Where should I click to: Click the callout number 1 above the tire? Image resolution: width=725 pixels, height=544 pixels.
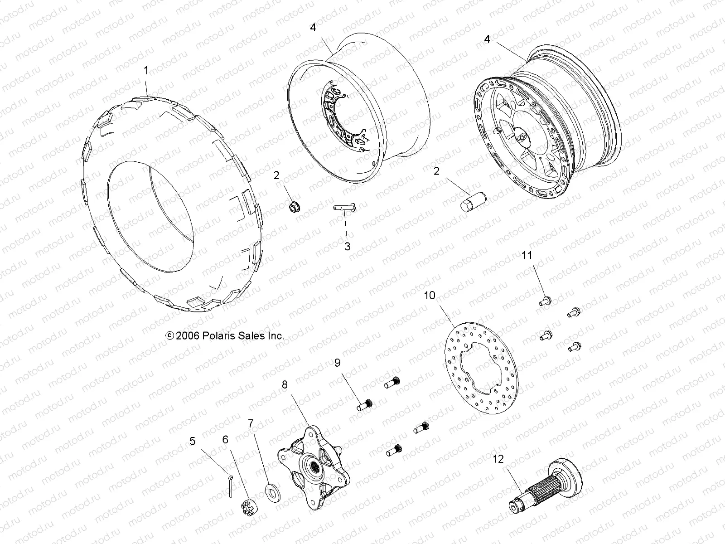click(146, 70)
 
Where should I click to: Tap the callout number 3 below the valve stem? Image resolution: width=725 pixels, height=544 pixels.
click(347, 247)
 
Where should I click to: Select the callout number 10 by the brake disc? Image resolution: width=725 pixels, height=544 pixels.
click(429, 296)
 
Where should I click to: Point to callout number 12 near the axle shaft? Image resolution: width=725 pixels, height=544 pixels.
click(498, 459)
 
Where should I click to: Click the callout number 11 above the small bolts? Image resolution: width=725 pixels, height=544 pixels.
click(527, 256)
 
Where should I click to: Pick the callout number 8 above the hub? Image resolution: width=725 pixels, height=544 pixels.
click(285, 385)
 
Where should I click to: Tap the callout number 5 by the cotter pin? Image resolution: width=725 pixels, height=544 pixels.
click(193, 441)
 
